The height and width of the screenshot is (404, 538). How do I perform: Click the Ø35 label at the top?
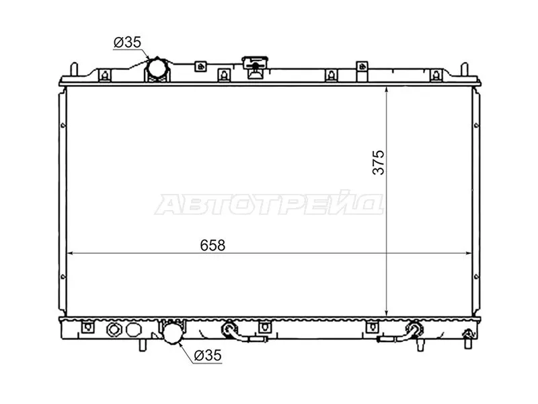(x=127, y=42)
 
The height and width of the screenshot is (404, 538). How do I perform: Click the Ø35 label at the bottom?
(x=207, y=356)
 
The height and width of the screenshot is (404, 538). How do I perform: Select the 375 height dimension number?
(x=379, y=162)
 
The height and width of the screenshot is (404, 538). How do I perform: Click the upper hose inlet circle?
(x=157, y=69)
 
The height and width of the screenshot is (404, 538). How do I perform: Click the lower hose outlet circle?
(x=172, y=333)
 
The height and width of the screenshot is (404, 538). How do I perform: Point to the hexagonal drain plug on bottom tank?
(x=114, y=330)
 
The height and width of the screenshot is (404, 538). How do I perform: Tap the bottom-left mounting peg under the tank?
(x=143, y=345)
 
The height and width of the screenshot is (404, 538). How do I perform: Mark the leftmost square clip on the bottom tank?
(x=86, y=328)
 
